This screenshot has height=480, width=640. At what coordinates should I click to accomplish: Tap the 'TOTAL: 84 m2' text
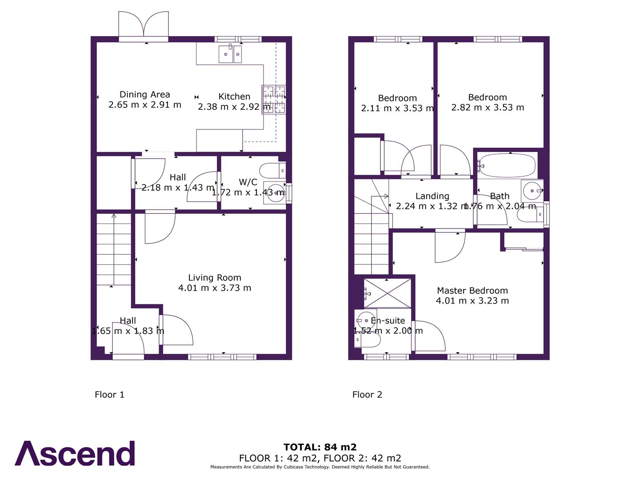(320, 447)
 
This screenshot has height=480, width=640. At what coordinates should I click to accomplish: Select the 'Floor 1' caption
(109, 395)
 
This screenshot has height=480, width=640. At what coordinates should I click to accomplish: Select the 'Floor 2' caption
(367, 395)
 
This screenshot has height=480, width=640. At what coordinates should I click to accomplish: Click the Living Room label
(215, 278)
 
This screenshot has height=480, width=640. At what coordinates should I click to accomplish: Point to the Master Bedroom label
(472, 291)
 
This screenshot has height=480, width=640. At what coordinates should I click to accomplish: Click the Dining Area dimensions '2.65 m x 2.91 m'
(145, 105)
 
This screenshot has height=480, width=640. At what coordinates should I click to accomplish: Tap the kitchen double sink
(230, 54)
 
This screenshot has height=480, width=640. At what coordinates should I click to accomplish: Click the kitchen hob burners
(274, 100)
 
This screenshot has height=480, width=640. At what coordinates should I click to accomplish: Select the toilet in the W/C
(272, 170)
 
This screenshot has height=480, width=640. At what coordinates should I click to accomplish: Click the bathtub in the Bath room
(507, 165)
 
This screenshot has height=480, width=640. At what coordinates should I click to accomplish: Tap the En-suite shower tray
(387, 293)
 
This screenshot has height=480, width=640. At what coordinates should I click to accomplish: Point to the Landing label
(432, 196)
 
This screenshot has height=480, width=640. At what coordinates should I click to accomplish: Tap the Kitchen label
(234, 96)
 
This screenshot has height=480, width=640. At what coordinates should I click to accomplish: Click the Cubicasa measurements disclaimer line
(320, 467)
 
